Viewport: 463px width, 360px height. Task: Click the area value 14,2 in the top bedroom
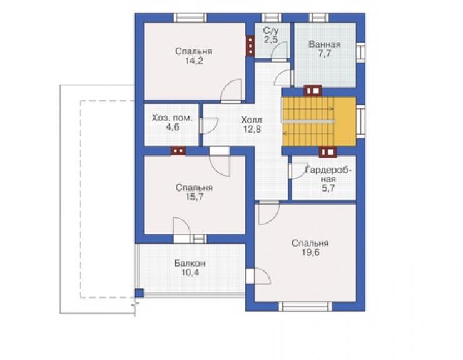pyautogui.click(x=195, y=61)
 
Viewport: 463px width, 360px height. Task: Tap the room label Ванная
pyautogui.click(x=325, y=44)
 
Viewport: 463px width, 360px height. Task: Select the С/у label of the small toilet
pyautogui.click(x=270, y=31)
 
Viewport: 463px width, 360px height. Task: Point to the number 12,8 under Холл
pyautogui.click(x=252, y=129)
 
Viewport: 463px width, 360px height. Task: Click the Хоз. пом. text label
pyautogui.click(x=172, y=118)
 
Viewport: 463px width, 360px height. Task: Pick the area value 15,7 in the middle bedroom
pyautogui.click(x=195, y=197)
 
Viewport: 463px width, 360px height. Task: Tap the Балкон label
pyautogui.click(x=190, y=263)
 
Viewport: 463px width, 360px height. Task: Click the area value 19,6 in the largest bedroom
pyautogui.click(x=310, y=252)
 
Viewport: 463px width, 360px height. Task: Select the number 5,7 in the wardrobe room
pyautogui.click(x=328, y=188)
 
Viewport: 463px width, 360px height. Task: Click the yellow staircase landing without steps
pyautogui.click(x=345, y=121)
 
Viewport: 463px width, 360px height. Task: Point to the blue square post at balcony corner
pyautogui.click(x=139, y=293)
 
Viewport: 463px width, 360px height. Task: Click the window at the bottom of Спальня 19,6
pyautogui.click(x=305, y=307)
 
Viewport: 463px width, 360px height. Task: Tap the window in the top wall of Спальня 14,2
pyautogui.click(x=190, y=18)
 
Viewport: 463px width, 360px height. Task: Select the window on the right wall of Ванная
pyautogui.click(x=360, y=52)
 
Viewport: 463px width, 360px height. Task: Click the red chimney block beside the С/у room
pyautogui.click(x=250, y=46)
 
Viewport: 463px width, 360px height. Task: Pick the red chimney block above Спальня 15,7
pyautogui.click(x=178, y=151)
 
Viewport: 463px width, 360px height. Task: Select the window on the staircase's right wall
pyautogui.click(x=360, y=121)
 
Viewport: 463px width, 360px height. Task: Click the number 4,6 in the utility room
pyautogui.click(x=173, y=127)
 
